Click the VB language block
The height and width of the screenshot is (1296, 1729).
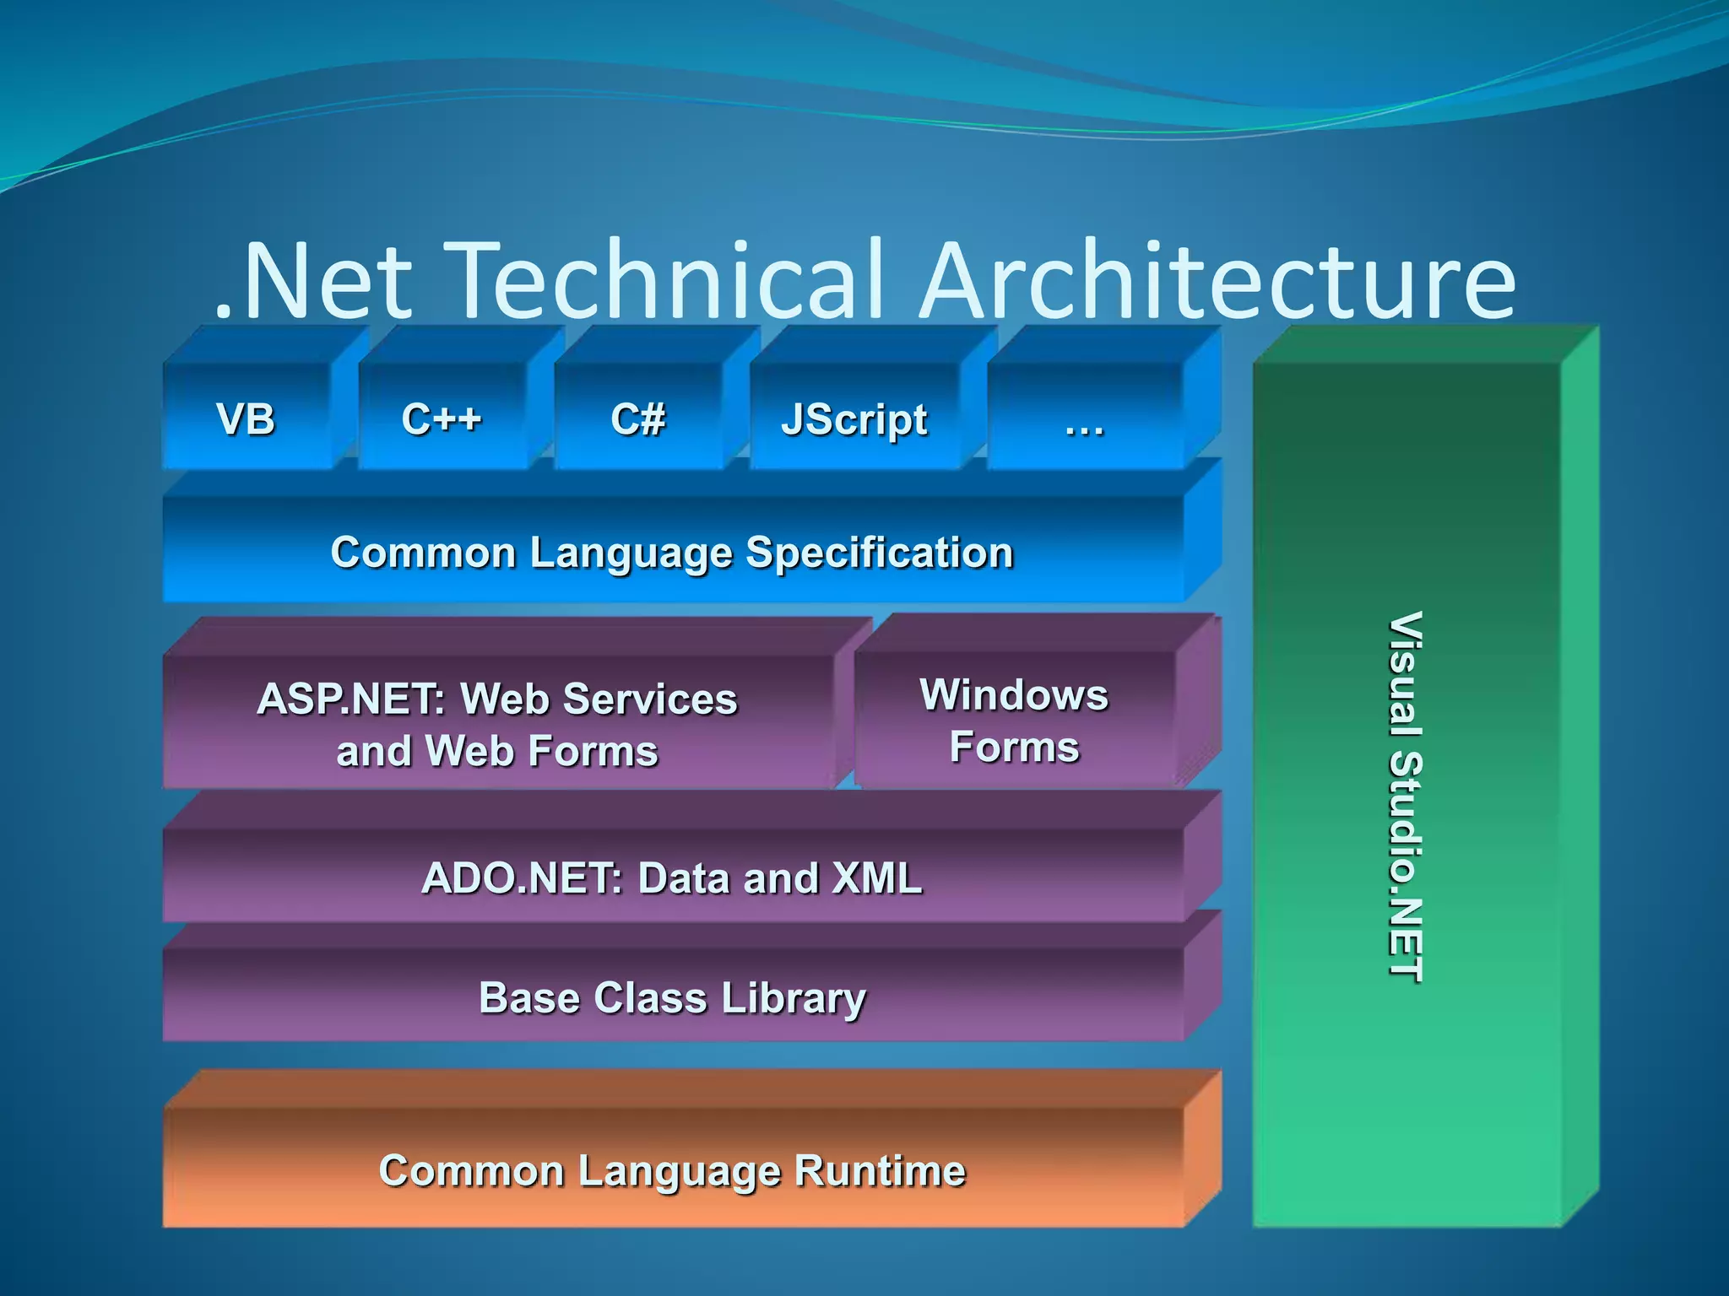pyautogui.click(x=246, y=418)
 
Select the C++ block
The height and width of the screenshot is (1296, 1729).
pyautogui.click(x=442, y=418)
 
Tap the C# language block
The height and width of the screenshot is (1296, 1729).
pyautogui.click(x=638, y=418)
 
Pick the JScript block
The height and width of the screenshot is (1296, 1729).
pyautogui.click(x=854, y=419)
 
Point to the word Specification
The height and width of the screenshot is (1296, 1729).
pyautogui.click(x=879, y=553)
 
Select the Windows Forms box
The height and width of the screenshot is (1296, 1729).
pyautogui.click(x=1014, y=721)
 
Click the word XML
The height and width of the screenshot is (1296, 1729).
pyautogui.click(x=876, y=877)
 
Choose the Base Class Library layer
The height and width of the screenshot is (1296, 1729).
pyautogui.click(x=672, y=998)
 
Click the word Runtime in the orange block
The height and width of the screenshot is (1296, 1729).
pyautogui.click(x=880, y=1171)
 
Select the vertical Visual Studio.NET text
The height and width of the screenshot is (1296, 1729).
pyautogui.click(x=1406, y=796)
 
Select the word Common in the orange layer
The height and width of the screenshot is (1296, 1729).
pyautogui.click(x=471, y=1171)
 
